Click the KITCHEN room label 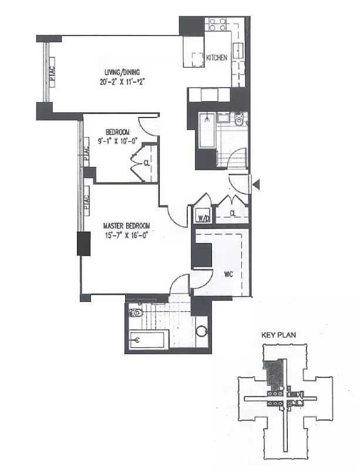pyautogui.click(x=216, y=58)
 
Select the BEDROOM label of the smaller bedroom pyautogui.click(x=117, y=132)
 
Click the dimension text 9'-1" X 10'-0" pyautogui.click(x=117, y=142)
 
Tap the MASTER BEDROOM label pyautogui.click(x=126, y=226)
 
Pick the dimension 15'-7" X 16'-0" pyautogui.click(x=126, y=236)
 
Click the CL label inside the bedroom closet pyautogui.click(x=146, y=163)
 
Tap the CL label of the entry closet pyautogui.click(x=233, y=213)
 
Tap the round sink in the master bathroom pyautogui.click(x=202, y=331)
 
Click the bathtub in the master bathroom pyautogui.click(x=149, y=339)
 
